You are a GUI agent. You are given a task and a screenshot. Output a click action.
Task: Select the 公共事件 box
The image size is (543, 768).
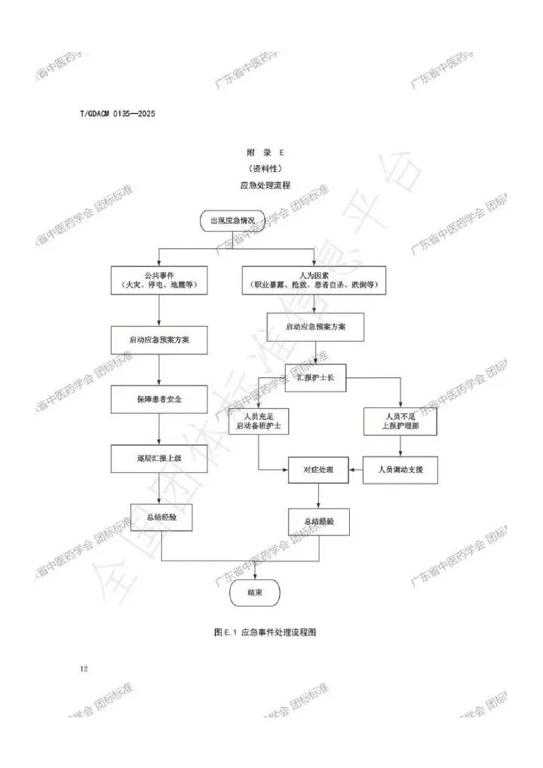point(159,280)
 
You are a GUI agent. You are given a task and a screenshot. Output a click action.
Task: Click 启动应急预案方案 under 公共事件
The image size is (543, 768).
point(159,339)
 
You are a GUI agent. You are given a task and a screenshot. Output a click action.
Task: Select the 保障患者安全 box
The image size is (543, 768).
point(159,399)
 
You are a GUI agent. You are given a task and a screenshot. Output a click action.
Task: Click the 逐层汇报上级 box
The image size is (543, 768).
point(159,458)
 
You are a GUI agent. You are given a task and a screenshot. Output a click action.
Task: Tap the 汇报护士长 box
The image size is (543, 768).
point(315,377)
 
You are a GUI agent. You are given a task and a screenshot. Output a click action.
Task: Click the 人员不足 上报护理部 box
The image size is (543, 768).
point(401,421)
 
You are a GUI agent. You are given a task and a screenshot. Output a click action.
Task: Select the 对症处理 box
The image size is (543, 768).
point(319,470)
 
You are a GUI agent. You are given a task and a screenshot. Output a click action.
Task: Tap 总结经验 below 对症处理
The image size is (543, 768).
point(319,521)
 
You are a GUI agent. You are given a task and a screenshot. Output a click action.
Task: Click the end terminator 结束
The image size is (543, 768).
point(254,592)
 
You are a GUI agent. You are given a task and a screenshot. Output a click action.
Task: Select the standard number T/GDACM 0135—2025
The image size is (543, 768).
point(117,114)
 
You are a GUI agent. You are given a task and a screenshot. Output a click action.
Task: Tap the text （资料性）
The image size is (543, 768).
point(270,168)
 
